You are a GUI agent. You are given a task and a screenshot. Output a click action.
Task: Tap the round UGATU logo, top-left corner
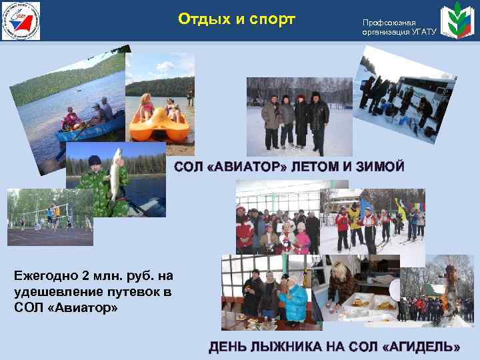coord(21,21)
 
